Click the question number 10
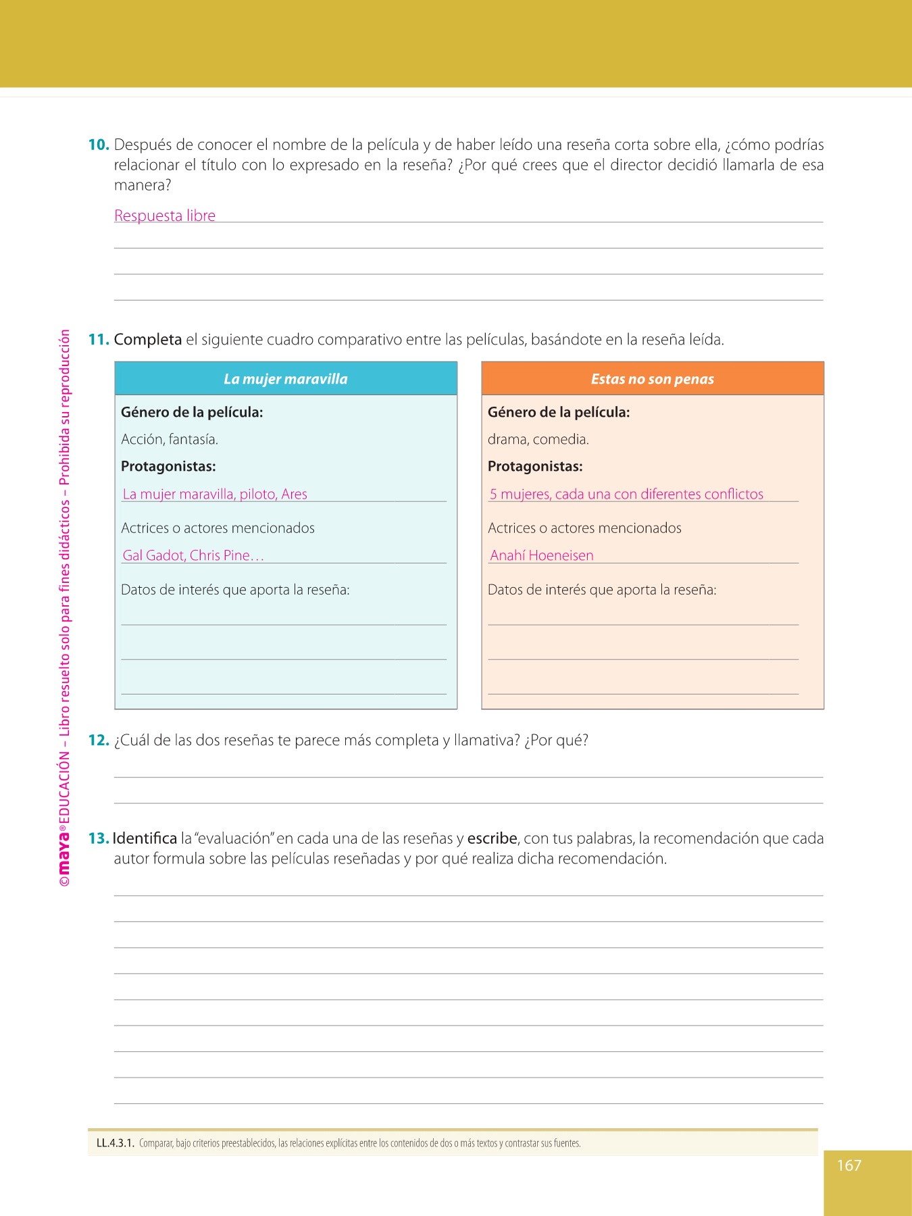(99, 145)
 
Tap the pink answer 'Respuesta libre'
(165, 216)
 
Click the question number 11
(99, 339)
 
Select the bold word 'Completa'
(148, 339)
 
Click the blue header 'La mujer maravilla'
(286, 379)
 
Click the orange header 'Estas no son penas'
(653, 379)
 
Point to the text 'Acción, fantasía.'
(170, 439)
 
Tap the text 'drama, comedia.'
(538, 439)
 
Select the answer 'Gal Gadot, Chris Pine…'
(193, 555)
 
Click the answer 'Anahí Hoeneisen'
(542, 555)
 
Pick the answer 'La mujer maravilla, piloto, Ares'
(215, 494)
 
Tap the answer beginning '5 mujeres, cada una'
(626, 494)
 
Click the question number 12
(99, 740)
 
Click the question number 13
(99, 838)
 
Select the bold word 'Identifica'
(145, 838)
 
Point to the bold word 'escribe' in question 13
(492, 838)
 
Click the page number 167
(849, 1165)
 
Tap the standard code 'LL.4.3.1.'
(116, 1143)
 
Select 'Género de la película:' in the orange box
(559, 412)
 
